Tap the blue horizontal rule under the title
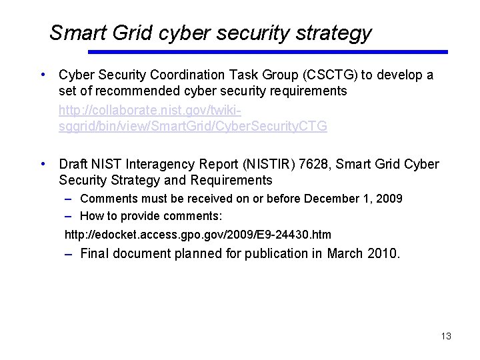268,52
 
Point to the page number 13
446,336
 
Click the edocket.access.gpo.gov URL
197,235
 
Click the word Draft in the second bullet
74,164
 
